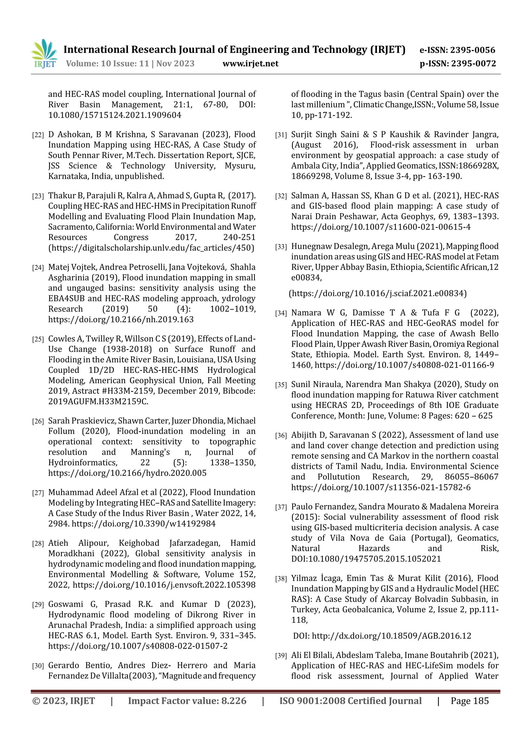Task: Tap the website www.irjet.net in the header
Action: click(x=250, y=63)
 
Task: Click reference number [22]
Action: click(x=38, y=135)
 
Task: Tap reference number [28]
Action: click(x=38, y=544)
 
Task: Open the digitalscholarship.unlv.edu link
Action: click(x=151, y=248)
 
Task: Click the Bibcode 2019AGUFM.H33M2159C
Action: click(x=98, y=401)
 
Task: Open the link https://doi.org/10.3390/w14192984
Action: click(x=144, y=524)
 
